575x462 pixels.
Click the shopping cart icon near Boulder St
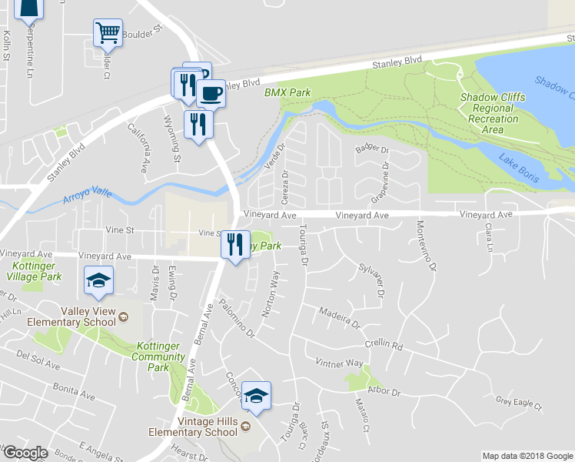tap(108, 33)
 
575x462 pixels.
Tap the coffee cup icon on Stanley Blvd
tap(211, 93)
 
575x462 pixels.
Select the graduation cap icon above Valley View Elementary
tap(100, 280)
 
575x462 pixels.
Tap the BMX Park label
tap(287, 92)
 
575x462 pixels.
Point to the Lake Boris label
tap(518, 168)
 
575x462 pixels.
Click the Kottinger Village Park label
tap(35, 270)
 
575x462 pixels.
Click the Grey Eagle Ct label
tap(519, 401)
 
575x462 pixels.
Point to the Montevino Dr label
tap(425, 246)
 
